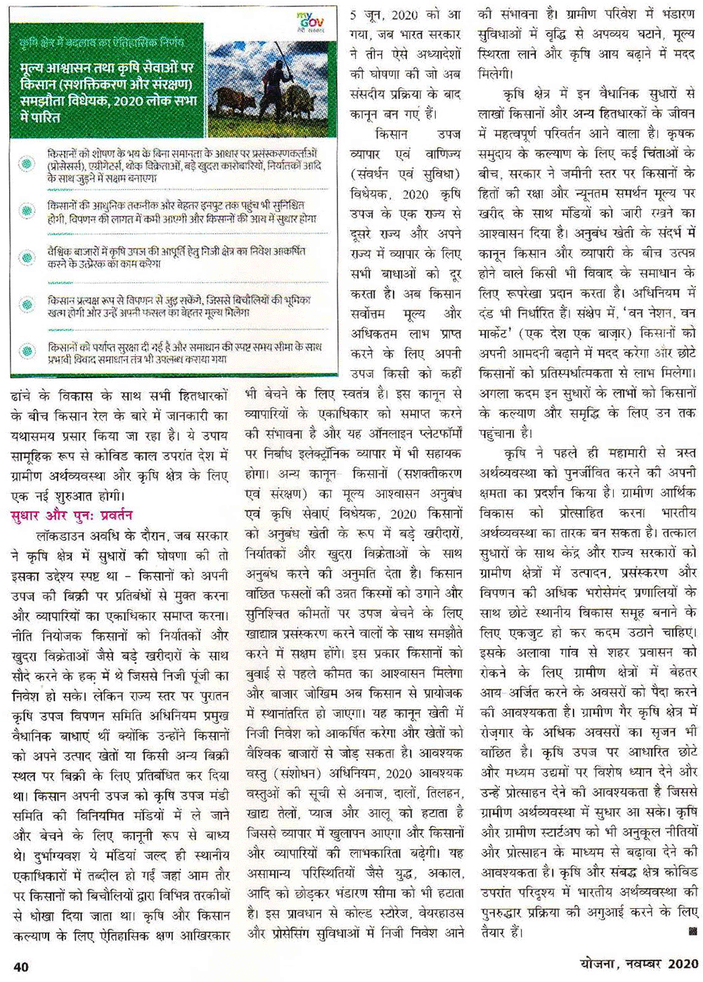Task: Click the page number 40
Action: [x=21, y=966]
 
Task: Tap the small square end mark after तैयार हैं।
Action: [x=692, y=932]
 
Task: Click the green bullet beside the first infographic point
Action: [x=27, y=164]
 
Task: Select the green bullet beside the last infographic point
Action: [x=27, y=352]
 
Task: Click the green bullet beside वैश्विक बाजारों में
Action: [x=27, y=258]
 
